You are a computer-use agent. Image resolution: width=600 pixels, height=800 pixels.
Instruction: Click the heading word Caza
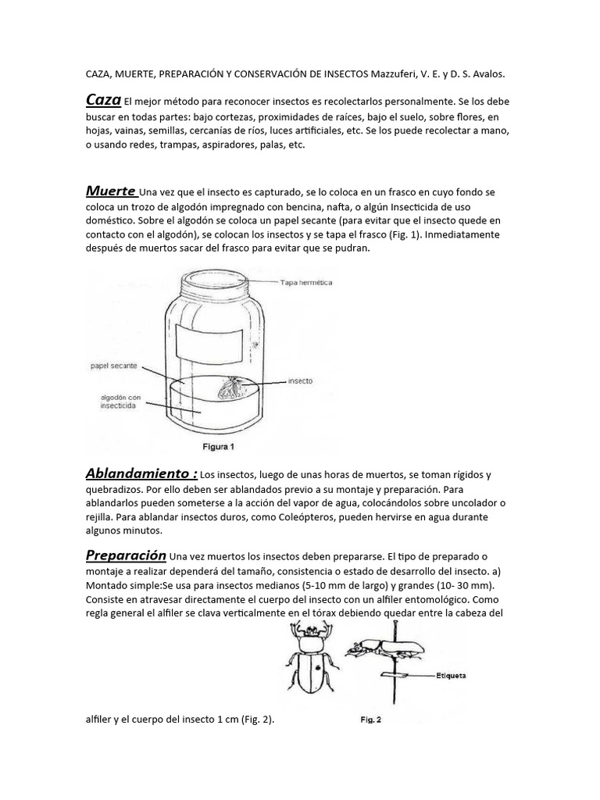point(103,101)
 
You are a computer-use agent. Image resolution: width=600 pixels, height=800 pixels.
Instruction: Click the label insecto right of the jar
point(302,380)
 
